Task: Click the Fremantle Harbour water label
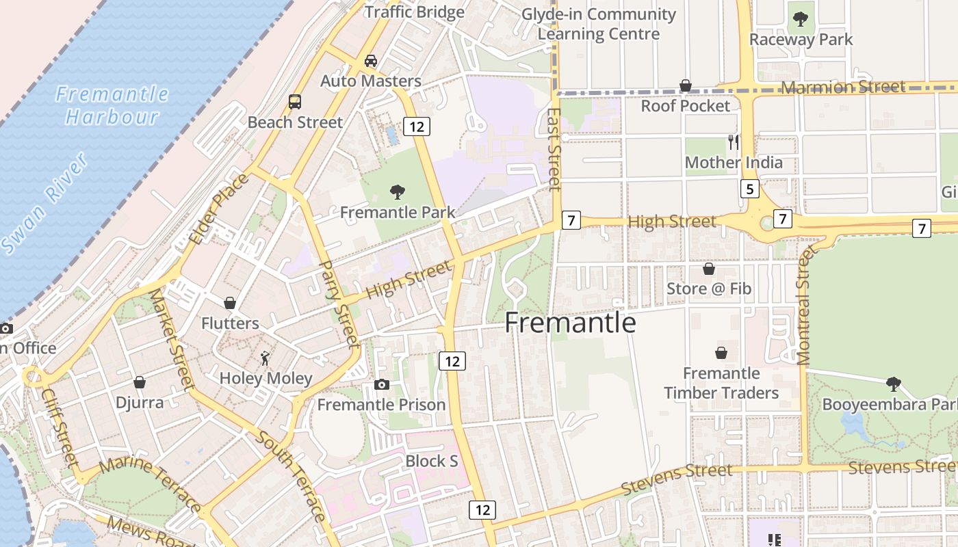click(112, 105)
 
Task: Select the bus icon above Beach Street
click(295, 102)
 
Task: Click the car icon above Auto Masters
click(371, 61)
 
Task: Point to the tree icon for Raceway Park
click(800, 20)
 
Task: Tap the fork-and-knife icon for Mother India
click(734, 142)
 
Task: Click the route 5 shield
click(750, 189)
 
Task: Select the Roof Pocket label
click(686, 106)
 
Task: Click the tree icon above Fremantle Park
click(397, 192)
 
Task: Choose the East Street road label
click(555, 149)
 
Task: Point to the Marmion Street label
click(844, 87)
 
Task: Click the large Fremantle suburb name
click(570, 323)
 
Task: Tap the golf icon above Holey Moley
click(265, 358)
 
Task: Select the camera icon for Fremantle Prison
click(382, 385)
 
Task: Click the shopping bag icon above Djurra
click(140, 382)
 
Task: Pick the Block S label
click(432, 461)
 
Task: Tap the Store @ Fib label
click(709, 289)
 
